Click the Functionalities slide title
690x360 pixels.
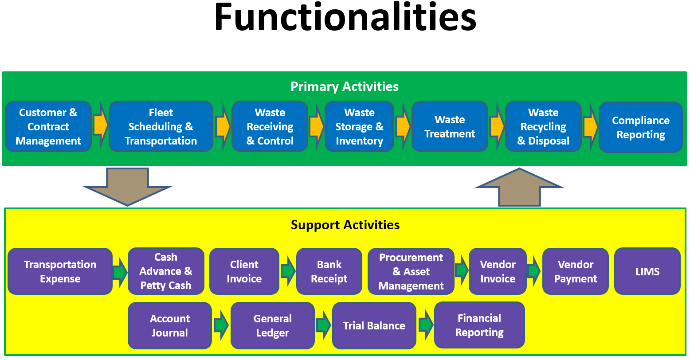coord(345,18)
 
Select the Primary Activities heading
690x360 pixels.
coord(345,86)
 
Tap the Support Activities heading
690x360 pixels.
coord(345,225)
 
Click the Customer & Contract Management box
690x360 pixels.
coord(48,127)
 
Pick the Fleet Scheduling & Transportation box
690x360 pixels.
coord(161,127)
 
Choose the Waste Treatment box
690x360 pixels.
coord(450,127)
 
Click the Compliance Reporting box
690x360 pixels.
coord(640,127)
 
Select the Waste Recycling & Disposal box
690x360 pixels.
coord(543,127)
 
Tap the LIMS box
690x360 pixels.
coord(647,271)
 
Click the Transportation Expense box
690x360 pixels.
coord(60,271)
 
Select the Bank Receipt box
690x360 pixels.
coord(329,271)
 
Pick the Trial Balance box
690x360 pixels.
coord(374,326)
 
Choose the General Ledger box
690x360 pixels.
coord(272,326)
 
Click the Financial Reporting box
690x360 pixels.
coord(479,325)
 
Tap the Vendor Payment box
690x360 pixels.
coord(575,271)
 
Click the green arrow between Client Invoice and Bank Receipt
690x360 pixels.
coord(288,270)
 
